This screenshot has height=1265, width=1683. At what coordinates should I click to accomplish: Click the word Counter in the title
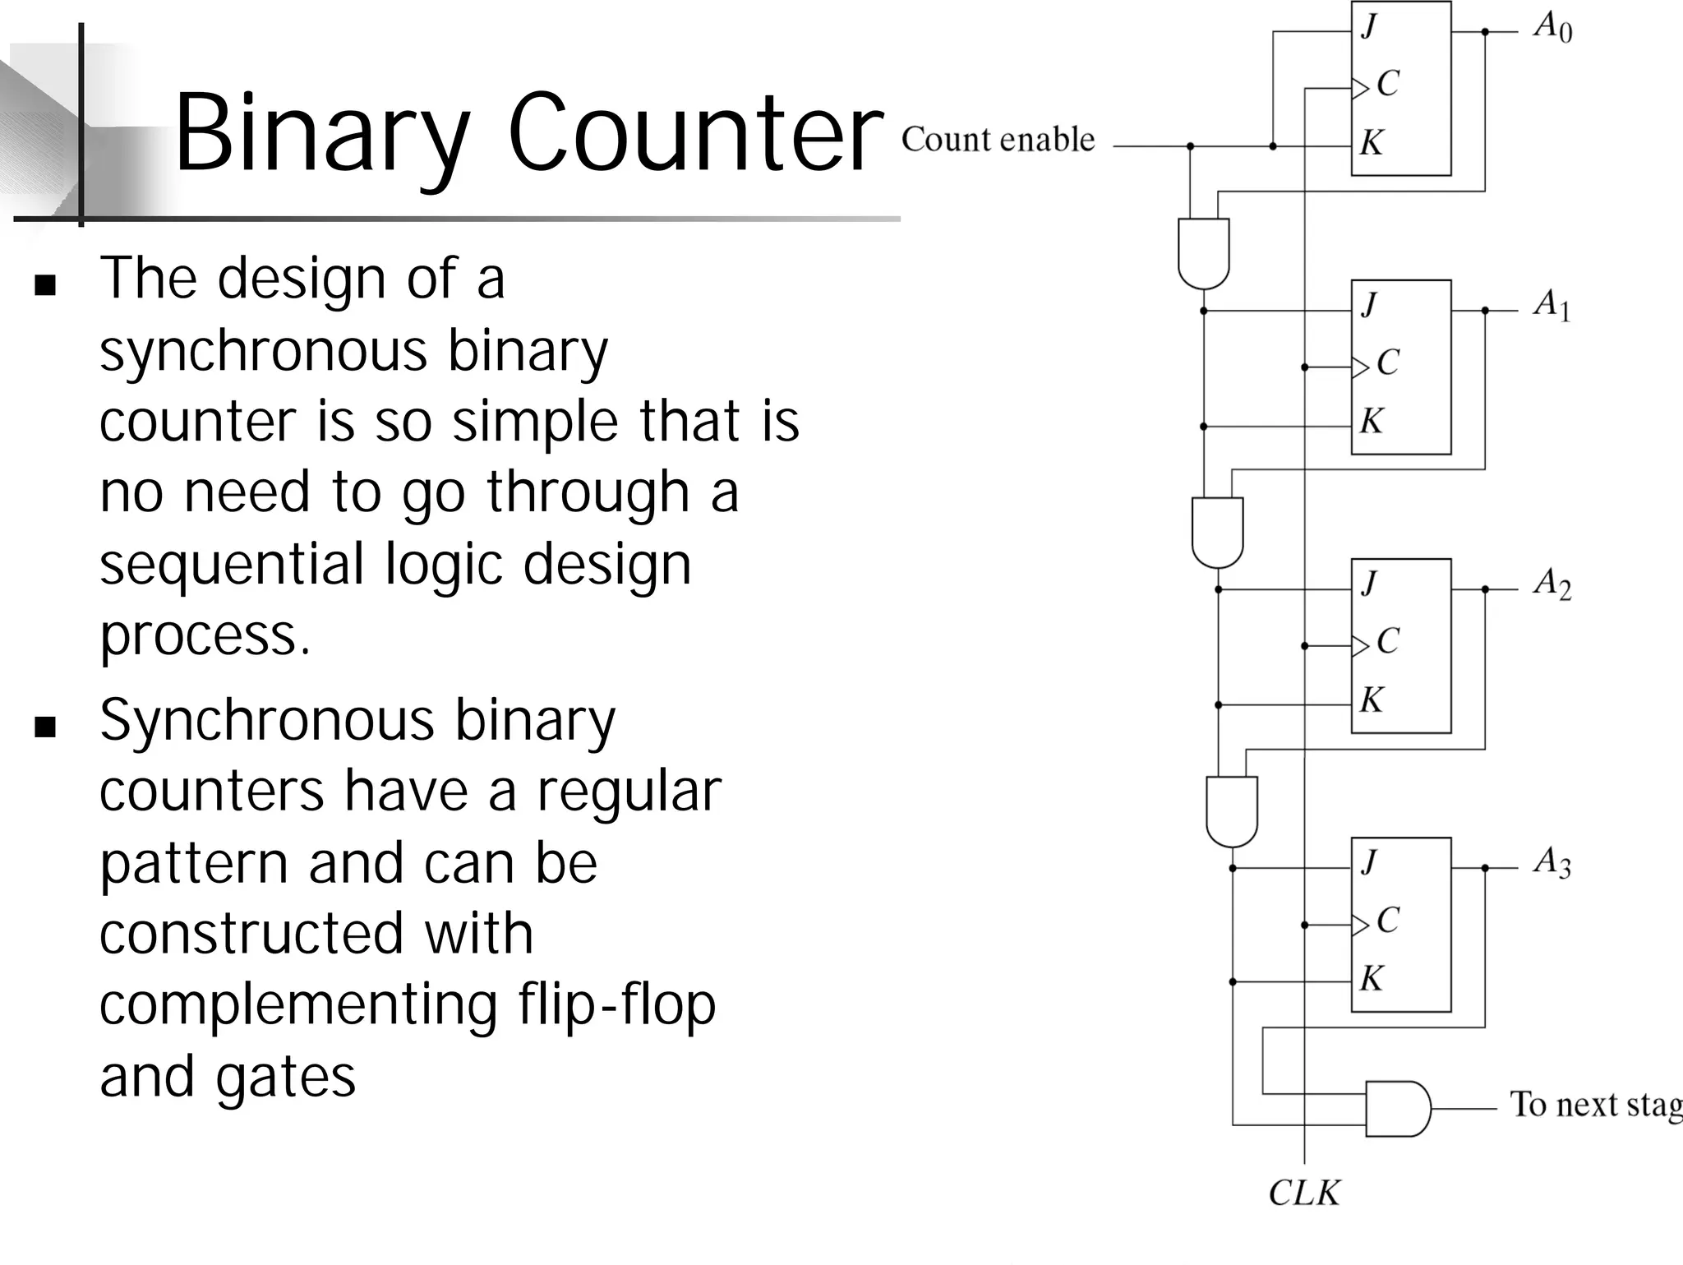point(694,133)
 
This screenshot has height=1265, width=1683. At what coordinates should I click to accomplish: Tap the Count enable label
point(998,140)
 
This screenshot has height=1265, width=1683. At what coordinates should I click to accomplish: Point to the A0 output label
point(1552,29)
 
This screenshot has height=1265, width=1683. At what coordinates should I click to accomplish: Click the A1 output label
point(1552,306)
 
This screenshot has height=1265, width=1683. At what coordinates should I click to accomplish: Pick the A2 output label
point(1552,584)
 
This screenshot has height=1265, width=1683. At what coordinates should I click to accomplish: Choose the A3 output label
point(1552,863)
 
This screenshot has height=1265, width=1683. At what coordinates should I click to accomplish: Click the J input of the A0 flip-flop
point(1369,27)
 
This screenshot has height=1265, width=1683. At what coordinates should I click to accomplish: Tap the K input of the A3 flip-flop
point(1371,979)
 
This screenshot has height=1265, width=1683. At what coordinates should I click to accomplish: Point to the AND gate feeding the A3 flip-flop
point(1231,810)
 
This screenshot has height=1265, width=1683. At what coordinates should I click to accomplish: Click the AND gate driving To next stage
point(1397,1109)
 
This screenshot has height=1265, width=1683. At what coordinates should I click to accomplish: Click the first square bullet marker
point(45,285)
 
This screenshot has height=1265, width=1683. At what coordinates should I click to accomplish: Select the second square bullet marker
point(45,727)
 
